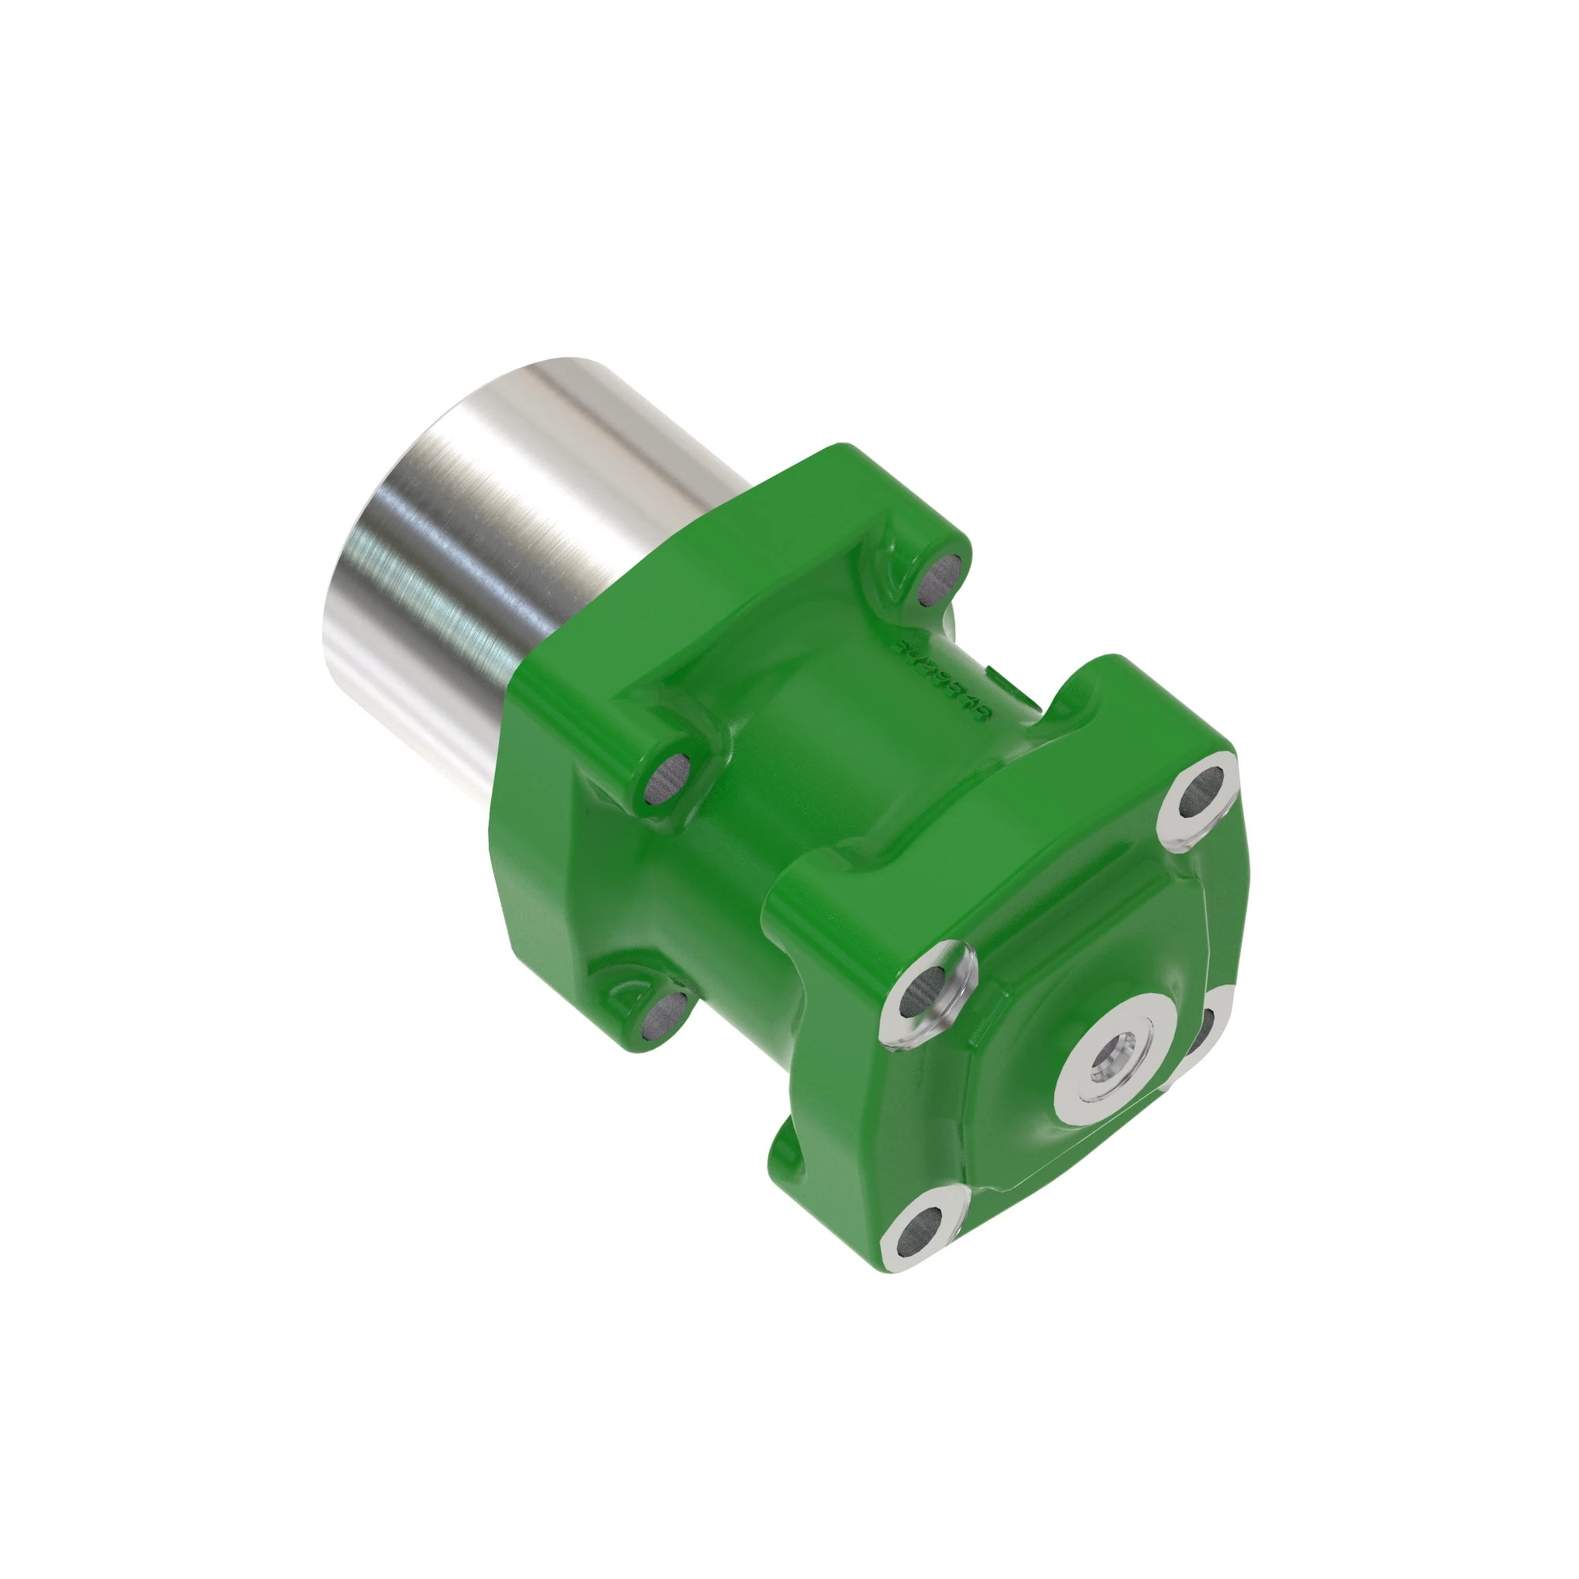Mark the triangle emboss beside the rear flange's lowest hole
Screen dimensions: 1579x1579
(628, 1000)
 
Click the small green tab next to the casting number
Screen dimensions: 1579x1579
(998, 674)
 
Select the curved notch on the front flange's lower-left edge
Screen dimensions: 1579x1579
(785, 1153)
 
